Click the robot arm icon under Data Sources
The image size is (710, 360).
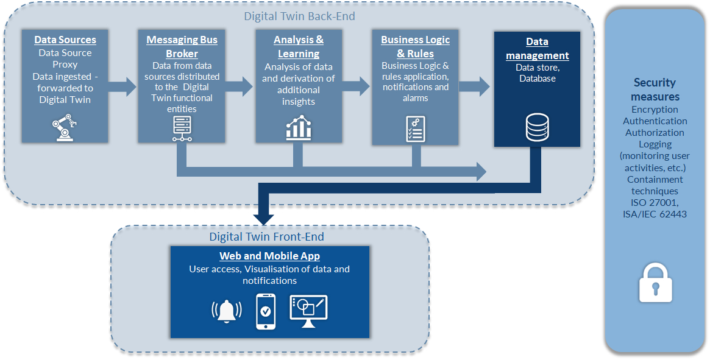[x=64, y=128]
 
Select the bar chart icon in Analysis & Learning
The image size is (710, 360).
[x=299, y=127]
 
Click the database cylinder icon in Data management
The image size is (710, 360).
[x=537, y=127]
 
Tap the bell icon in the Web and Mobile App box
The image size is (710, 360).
[x=227, y=311]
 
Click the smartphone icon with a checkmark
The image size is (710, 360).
[x=265, y=311]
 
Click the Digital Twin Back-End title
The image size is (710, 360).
[x=299, y=16]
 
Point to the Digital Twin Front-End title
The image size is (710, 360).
[x=266, y=236]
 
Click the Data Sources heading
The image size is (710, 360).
[x=65, y=40]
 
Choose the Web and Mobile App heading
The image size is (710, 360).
[x=269, y=256]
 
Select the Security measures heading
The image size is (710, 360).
[x=655, y=90]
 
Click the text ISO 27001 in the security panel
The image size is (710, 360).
[x=655, y=202]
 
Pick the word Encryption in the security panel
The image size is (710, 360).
[x=655, y=110]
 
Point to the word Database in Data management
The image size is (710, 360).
[x=537, y=79]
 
